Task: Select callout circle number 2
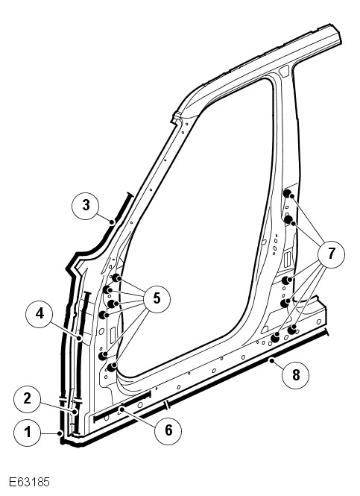click(x=27, y=399)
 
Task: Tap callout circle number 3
click(x=86, y=206)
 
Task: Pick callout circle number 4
click(x=40, y=314)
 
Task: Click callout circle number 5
click(x=157, y=299)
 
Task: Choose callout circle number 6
click(x=168, y=431)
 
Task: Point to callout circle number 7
click(x=331, y=254)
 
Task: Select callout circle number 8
click(x=295, y=375)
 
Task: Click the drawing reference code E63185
click(x=29, y=483)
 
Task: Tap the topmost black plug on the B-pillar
click(x=287, y=193)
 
